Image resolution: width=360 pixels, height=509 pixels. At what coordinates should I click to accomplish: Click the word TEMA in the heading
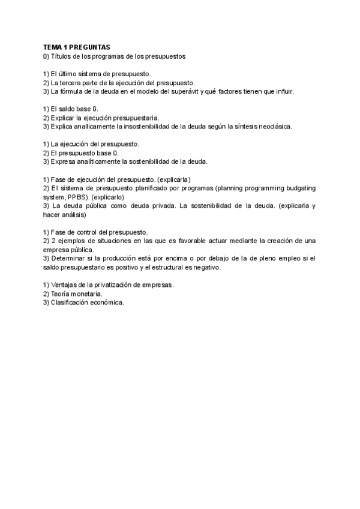tap(53, 47)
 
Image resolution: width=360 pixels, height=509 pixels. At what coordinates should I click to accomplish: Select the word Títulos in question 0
tap(64, 56)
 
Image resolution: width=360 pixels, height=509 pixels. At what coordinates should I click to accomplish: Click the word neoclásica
tap(274, 127)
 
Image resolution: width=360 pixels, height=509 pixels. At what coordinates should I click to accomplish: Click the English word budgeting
tap(294, 188)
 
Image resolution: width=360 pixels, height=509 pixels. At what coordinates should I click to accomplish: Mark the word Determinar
tap(70, 259)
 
